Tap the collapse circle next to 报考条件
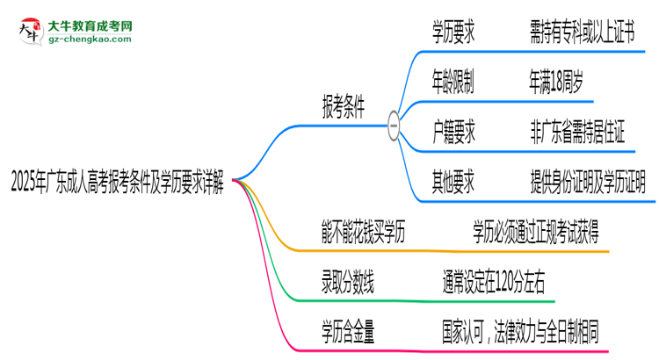click(394, 126)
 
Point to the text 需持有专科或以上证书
click(581, 34)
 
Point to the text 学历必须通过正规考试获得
click(537, 233)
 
